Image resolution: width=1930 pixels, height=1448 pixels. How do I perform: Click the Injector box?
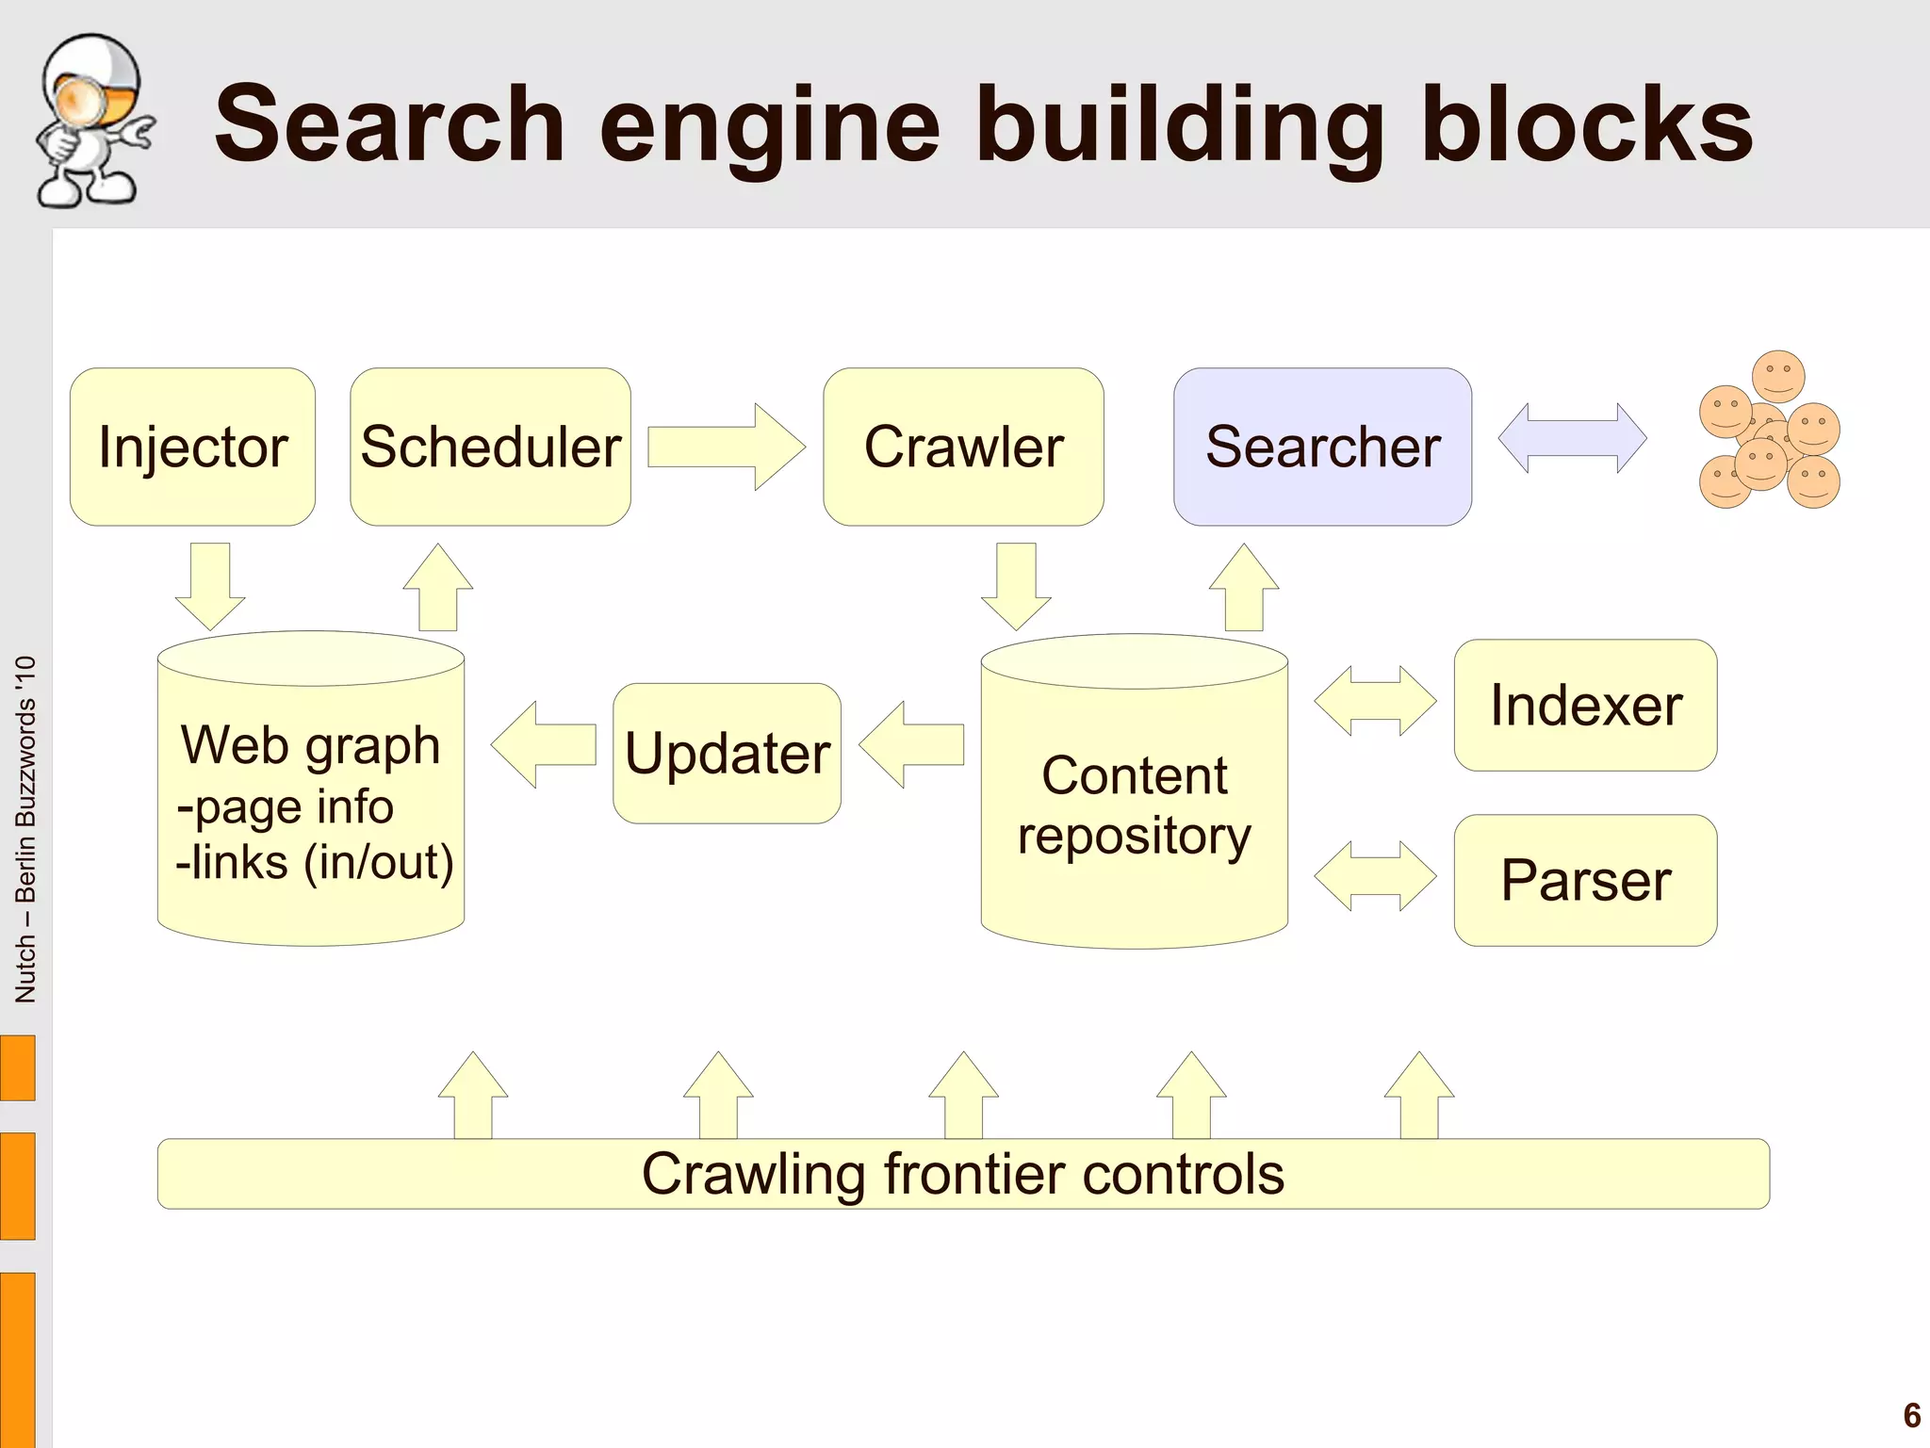[192, 447]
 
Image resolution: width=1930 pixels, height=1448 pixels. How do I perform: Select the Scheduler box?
[490, 447]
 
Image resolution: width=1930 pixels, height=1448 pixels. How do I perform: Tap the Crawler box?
[963, 447]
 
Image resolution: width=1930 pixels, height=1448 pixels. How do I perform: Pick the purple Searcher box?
[1322, 447]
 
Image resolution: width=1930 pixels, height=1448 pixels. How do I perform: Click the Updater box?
[727, 754]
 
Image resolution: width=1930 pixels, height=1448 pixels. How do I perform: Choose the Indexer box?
[1585, 706]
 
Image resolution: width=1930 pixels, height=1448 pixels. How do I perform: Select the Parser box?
[1585, 880]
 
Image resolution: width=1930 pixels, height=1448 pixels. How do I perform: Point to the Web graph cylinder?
[311, 801]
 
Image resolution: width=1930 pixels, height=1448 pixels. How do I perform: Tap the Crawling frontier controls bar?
[963, 1174]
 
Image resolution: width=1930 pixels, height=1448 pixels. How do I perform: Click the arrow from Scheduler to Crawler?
[726, 447]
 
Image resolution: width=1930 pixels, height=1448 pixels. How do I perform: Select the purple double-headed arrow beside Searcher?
[1572, 438]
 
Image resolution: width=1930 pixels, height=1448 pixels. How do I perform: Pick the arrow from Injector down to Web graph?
[210, 584]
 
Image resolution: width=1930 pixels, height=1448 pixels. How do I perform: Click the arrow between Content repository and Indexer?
[1375, 701]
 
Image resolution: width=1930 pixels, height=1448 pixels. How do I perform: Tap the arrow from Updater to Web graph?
[544, 744]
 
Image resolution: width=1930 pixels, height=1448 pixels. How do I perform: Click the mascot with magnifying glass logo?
[91, 121]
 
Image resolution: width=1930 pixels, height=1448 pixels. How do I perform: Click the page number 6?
[1911, 1415]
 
